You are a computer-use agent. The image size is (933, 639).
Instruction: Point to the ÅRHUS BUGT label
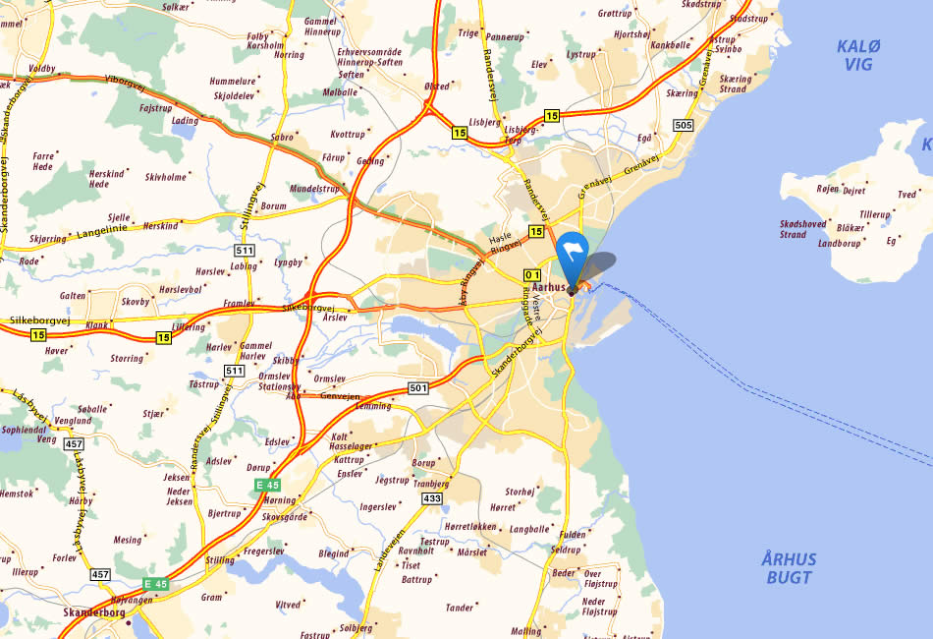coord(789,568)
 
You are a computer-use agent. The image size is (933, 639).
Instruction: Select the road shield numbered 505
coord(684,125)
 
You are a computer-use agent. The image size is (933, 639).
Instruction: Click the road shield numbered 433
coord(432,499)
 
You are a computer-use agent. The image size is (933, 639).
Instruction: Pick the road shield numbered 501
coord(418,388)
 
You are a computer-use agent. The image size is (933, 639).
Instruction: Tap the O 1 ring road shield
coord(532,274)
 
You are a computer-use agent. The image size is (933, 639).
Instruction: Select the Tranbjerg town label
coord(430,484)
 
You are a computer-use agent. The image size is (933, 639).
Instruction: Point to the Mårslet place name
coord(471,552)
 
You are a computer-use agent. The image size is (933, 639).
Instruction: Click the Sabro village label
coord(282,138)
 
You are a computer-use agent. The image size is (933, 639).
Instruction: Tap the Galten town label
coord(73,295)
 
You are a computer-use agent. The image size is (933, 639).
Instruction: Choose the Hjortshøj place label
coord(631,33)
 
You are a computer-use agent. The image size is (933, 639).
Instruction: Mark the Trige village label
coord(468,32)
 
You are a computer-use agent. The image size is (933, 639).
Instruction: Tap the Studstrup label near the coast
coord(749,19)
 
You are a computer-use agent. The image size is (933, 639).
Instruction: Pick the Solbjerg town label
coord(356,627)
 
